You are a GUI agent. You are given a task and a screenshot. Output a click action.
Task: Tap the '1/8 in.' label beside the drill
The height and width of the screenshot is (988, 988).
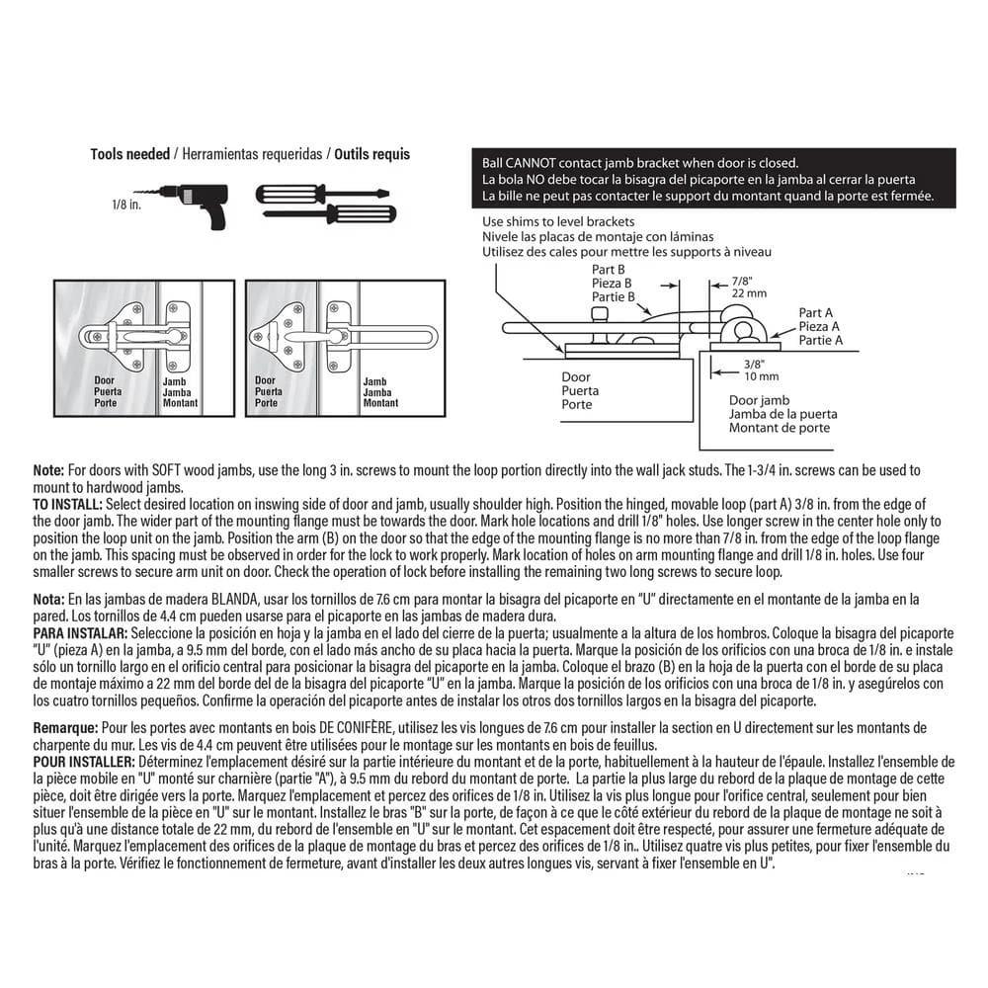click(126, 206)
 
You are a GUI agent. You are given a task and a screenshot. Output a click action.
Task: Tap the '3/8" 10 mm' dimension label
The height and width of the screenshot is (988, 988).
click(761, 370)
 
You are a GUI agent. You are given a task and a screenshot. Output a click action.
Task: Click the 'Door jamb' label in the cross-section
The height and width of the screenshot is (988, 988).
click(760, 401)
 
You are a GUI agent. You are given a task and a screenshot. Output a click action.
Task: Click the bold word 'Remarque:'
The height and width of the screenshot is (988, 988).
click(65, 726)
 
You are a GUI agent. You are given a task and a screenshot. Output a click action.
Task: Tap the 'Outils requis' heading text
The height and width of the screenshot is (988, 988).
click(371, 154)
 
